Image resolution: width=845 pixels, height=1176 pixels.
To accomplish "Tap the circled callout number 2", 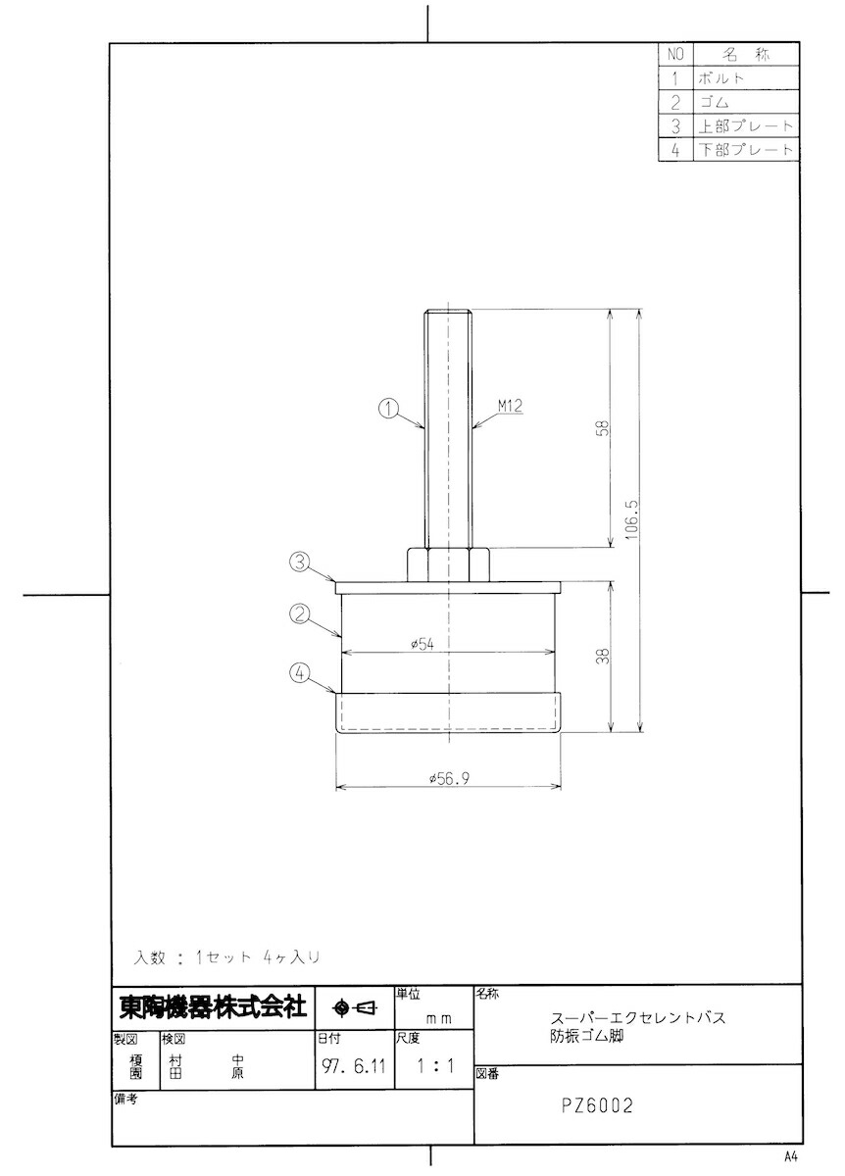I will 301,615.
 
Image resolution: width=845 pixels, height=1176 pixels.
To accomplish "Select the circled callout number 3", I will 300,563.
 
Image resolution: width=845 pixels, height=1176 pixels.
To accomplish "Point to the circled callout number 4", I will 301,673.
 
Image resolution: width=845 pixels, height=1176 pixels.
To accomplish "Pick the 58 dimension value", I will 604,428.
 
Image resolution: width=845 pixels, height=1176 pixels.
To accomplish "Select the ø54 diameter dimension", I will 422,644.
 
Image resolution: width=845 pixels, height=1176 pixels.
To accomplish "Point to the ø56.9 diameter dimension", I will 448,778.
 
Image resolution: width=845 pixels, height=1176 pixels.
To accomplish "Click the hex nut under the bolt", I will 447,563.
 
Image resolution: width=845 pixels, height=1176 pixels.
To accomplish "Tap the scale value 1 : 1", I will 434,1066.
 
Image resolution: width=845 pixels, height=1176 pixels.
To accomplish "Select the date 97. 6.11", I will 353,1066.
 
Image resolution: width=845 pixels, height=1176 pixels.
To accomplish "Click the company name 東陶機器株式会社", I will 213,1007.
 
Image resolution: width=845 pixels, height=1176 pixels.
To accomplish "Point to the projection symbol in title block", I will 355,1007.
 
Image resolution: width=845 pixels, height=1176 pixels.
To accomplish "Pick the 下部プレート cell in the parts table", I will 745,151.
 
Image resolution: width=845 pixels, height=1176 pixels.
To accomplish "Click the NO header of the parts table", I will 675,54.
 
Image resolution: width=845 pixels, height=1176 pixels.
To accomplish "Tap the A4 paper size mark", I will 791,1155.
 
